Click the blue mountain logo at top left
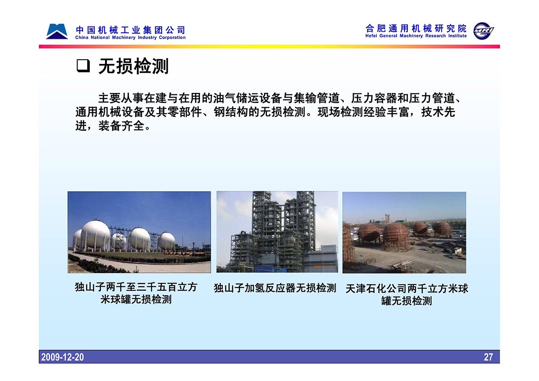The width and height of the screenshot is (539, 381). pyautogui.click(x=57, y=31)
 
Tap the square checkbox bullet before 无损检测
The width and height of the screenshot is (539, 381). pyautogui.click(x=83, y=66)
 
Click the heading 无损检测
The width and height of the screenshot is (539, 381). pyautogui.click(x=133, y=66)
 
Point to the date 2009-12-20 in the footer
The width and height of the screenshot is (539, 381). pyautogui.click(x=62, y=357)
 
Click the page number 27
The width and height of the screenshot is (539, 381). pyautogui.click(x=488, y=357)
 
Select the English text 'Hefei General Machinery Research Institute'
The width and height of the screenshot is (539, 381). pyautogui.click(x=416, y=36)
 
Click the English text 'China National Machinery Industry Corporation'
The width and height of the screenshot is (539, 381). pyautogui.click(x=130, y=38)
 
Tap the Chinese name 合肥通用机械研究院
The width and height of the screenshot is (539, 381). pyautogui.click(x=416, y=28)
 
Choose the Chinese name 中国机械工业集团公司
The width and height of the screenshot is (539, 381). pyautogui.click(x=130, y=30)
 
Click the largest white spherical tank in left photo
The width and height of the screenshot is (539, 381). pyautogui.click(x=95, y=234)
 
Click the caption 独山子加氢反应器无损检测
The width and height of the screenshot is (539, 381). pyautogui.click(x=275, y=288)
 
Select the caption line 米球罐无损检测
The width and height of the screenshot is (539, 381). pyautogui.click(x=136, y=299)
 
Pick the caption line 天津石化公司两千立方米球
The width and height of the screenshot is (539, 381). pyautogui.click(x=406, y=288)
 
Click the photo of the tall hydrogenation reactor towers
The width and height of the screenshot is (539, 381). pyautogui.click(x=277, y=232)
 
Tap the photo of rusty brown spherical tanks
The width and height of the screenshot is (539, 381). pyautogui.click(x=404, y=232)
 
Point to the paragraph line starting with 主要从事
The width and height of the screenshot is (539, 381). pyautogui.click(x=279, y=98)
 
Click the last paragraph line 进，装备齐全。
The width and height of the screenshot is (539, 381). pyautogui.click(x=113, y=126)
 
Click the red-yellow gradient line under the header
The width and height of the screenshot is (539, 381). pyautogui.click(x=269, y=46)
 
